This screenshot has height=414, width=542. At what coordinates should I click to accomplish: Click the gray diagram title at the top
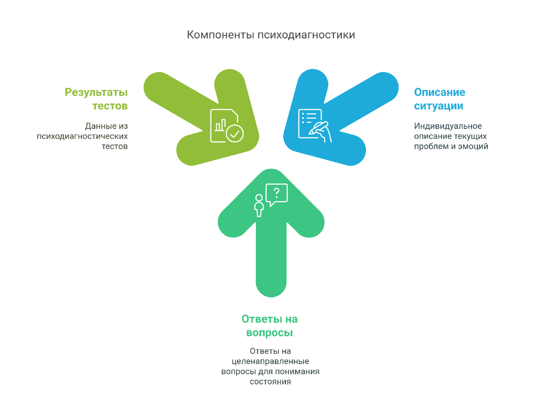(x=271, y=35)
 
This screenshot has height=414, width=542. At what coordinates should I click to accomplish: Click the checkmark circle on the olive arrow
(x=234, y=133)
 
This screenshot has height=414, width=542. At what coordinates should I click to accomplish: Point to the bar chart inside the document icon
(x=220, y=125)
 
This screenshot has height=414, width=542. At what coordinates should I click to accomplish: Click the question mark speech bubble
(x=277, y=193)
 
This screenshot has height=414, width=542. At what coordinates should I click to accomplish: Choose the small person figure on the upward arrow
(x=259, y=206)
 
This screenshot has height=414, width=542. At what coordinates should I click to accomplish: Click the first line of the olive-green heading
(x=96, y=93)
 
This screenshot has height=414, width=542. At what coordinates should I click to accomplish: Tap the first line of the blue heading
(x=439, y=92)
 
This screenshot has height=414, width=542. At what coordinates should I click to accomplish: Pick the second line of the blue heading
(x=439, y=107)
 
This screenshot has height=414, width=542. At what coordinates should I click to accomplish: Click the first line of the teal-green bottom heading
(x=270, y=319)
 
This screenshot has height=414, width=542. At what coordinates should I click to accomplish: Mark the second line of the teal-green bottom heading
(x=270, y=334)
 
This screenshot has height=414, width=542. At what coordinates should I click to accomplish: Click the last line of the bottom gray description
(x=270, y=381)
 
